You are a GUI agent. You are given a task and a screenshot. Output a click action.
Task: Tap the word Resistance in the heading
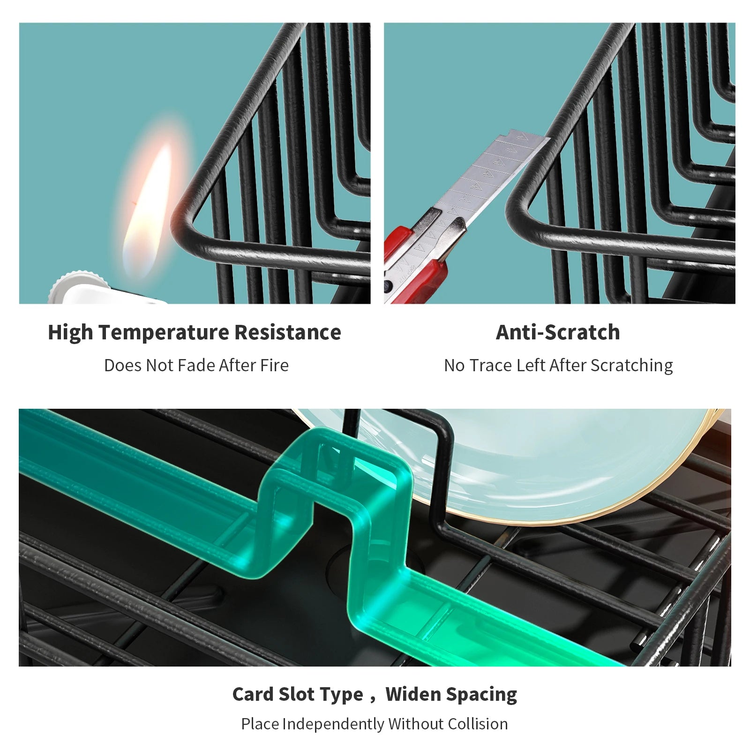[x=288, y=332]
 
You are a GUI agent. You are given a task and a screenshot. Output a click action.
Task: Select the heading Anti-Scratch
[x=558, y=332]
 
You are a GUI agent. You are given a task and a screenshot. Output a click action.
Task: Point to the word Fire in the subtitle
[x=274, y=365]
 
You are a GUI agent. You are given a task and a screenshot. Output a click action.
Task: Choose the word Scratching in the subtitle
[x=631, y=366]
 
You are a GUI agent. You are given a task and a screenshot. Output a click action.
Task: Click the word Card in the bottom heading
[x=252, y=694]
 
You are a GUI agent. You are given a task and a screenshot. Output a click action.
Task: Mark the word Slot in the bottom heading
[x=298, y=694]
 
